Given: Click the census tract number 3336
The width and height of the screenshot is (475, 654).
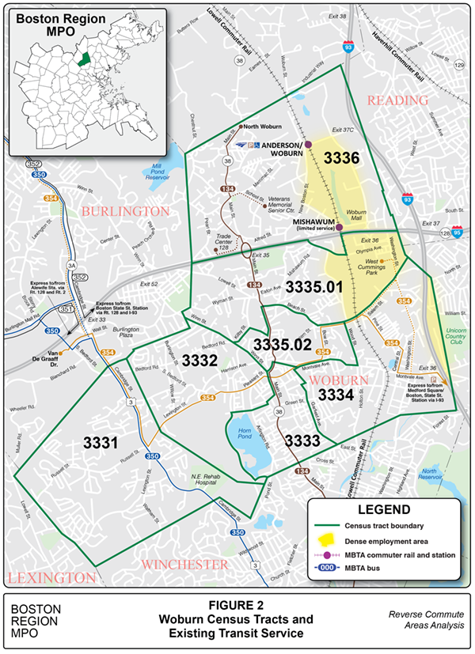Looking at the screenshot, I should click(x=340, y=158).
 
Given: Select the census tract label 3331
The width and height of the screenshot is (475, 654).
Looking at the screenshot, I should click(x=102, y=443).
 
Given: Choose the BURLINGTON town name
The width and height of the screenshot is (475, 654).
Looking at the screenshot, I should click(x=124, y=211).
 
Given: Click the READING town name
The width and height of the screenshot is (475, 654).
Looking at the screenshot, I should click(x=397, y=100).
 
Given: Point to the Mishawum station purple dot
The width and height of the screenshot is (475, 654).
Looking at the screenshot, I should click(x=340, y=228).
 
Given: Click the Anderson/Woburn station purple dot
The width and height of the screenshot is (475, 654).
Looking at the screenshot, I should click(x=309, y=145).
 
